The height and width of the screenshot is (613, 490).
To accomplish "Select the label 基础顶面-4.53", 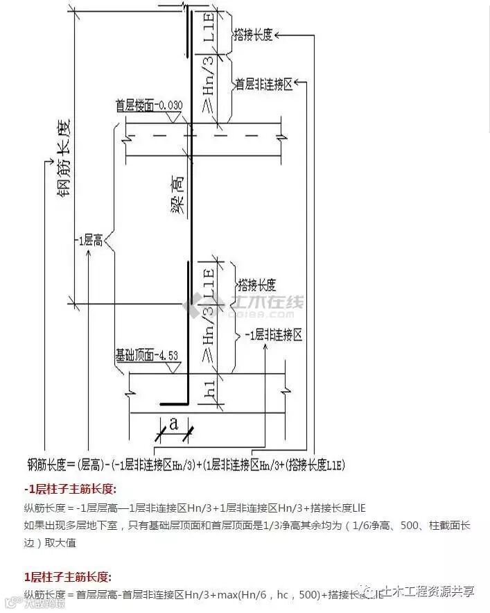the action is tap(147, 356).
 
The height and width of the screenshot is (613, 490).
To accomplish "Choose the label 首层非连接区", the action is tap(264, 84).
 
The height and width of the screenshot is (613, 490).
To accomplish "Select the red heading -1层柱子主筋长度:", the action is tap(70, 489).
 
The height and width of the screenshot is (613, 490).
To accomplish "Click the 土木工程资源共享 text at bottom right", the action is tap(429, 591).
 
